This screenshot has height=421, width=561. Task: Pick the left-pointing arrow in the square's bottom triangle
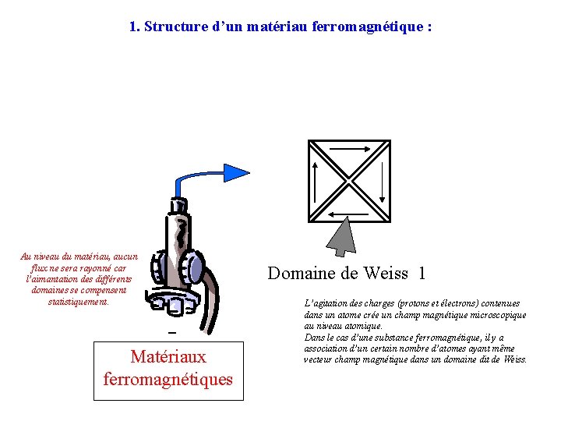[348, 214]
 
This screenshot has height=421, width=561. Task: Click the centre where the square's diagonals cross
[349, 181]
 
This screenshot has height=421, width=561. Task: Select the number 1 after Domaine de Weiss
[422, 273]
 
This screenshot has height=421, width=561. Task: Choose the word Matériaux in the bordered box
[168, 357]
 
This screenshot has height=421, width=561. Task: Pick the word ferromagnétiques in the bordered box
[168, 380]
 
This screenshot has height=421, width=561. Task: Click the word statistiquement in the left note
[79, 301]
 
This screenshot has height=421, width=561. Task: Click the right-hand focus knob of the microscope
[195, 267]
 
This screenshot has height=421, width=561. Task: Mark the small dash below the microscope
[173, 332]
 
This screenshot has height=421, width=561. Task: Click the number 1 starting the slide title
[132, 27]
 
